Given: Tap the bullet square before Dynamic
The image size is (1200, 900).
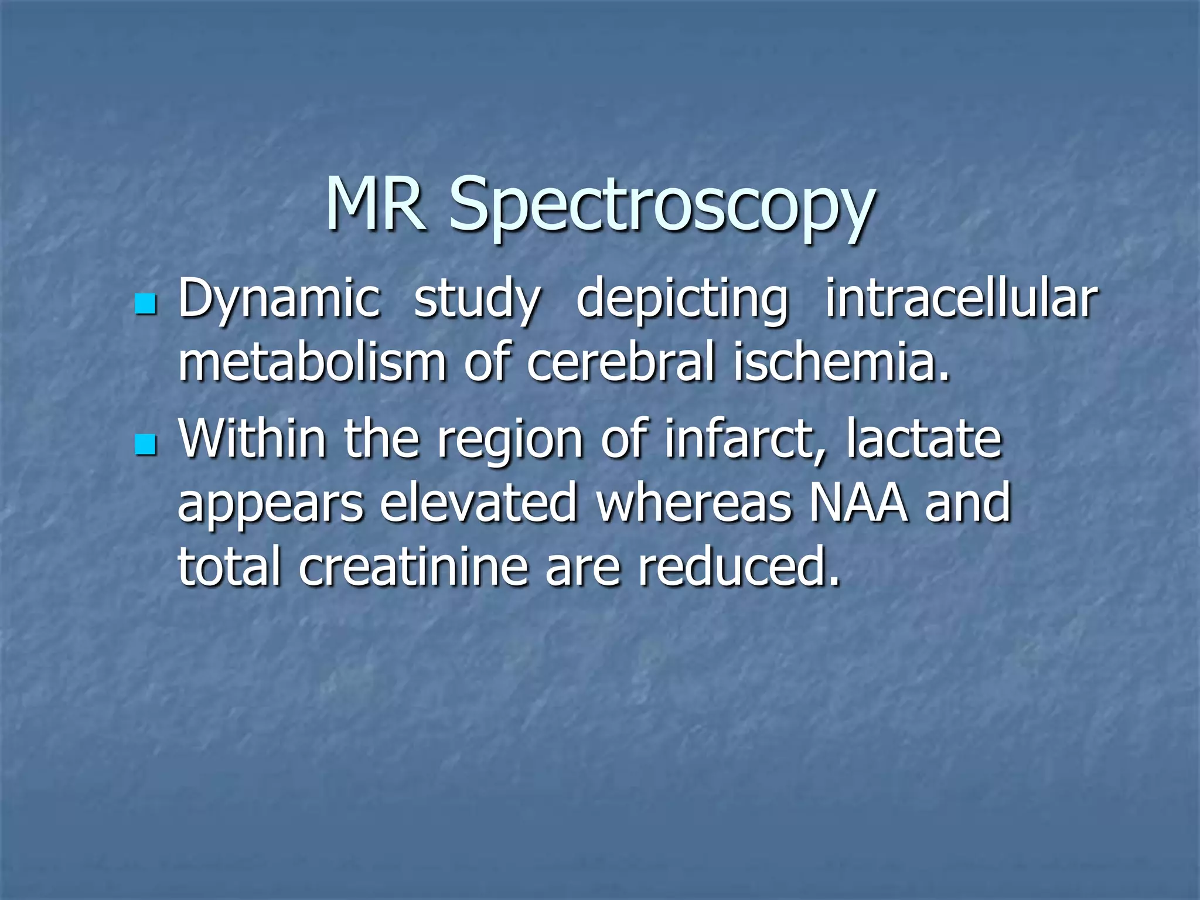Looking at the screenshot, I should (x=145, y=304).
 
